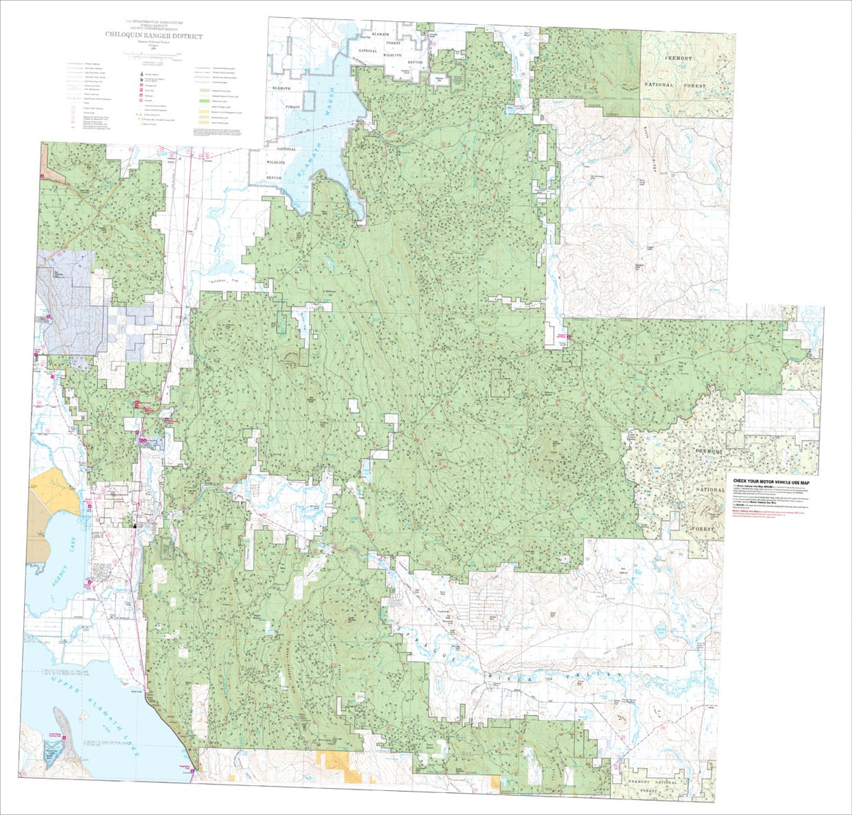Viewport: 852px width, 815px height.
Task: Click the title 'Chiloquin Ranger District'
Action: point(153,36)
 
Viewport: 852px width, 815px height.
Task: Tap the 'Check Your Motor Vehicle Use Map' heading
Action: point(775,482)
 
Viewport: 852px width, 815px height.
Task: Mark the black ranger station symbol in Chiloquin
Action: point(135,526)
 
